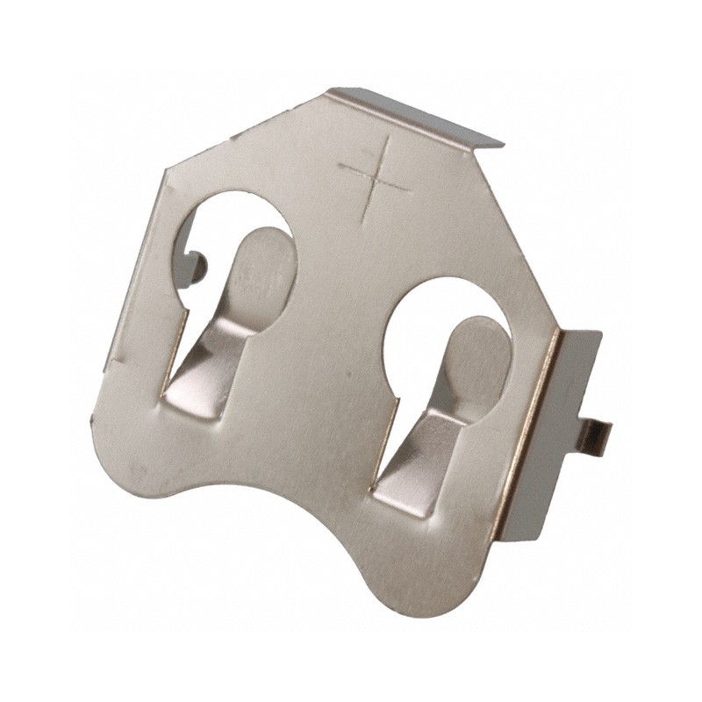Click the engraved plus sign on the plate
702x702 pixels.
(376, 176)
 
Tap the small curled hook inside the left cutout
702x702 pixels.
(198, 262)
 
